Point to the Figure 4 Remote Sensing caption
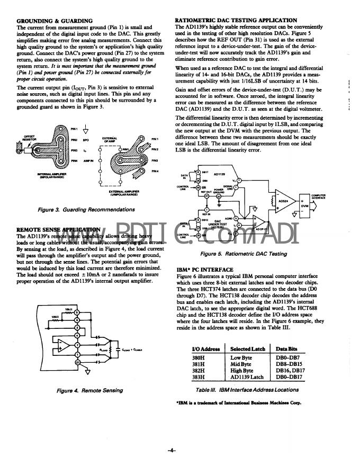click(x=89, y=391)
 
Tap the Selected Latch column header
click(x=247, y=348)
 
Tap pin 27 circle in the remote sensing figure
click(x=77, y=363)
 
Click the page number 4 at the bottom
click(x=172, y=451)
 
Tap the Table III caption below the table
click(x=247, y=389)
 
